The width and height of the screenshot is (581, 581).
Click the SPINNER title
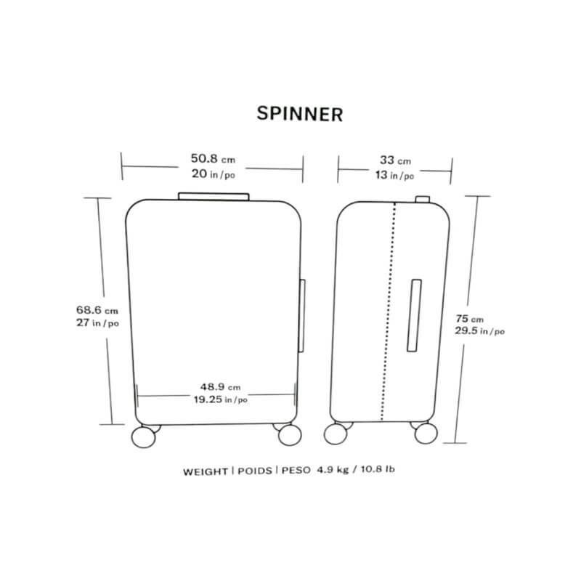(x=300, y=114)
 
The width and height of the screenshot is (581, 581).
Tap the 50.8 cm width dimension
(x=213, y=158)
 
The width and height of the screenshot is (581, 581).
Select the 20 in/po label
(x=214, y=174)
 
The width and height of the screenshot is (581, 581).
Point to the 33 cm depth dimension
(x=395, y=161)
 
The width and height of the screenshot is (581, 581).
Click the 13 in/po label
(x=394, y=175)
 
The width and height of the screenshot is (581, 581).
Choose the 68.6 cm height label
(x=97, y=310)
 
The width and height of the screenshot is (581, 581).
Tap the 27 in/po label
(x=98, y=322)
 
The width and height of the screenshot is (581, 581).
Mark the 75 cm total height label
(x=470, y=319)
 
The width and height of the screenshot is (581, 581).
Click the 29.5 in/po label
(x=480, y=331)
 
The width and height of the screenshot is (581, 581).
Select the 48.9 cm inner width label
(x=221, y=387)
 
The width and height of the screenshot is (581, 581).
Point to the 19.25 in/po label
(x=221, y=399)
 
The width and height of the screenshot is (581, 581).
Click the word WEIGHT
(x=206, y=471)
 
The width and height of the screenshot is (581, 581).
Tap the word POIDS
(x=255, y=471)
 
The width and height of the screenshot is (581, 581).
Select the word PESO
(x=296, y=470)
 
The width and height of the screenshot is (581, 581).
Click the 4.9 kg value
(x=333, y=470)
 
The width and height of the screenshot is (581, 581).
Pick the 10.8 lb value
(x=378, y=469)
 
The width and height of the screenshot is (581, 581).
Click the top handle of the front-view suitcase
(x=214, y=197)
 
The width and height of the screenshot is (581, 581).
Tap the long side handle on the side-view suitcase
(x=414, y=315)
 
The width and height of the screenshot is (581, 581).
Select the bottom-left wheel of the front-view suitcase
(x=144, y=437)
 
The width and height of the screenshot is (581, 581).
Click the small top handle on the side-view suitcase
(x=423, y=199)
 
